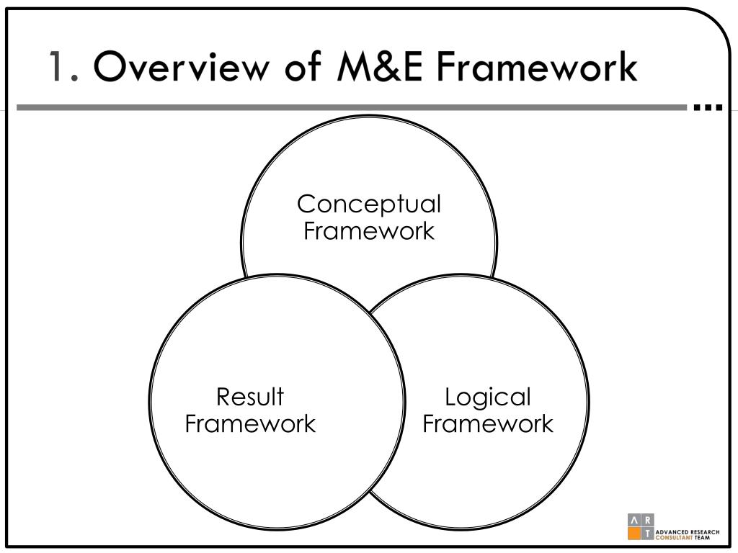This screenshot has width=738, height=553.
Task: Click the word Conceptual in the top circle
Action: coord(369,204)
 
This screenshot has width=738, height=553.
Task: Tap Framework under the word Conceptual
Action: coord(369,231)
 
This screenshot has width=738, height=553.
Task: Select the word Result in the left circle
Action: coord(250,397)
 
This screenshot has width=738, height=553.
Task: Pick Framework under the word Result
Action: coord(250,423)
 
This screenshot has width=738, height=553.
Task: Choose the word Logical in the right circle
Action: coord(488,397)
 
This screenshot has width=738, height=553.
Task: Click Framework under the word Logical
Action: coord(488,423)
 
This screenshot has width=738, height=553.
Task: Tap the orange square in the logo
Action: coord(634,534)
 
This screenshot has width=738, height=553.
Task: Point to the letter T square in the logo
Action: coord(647,534)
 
